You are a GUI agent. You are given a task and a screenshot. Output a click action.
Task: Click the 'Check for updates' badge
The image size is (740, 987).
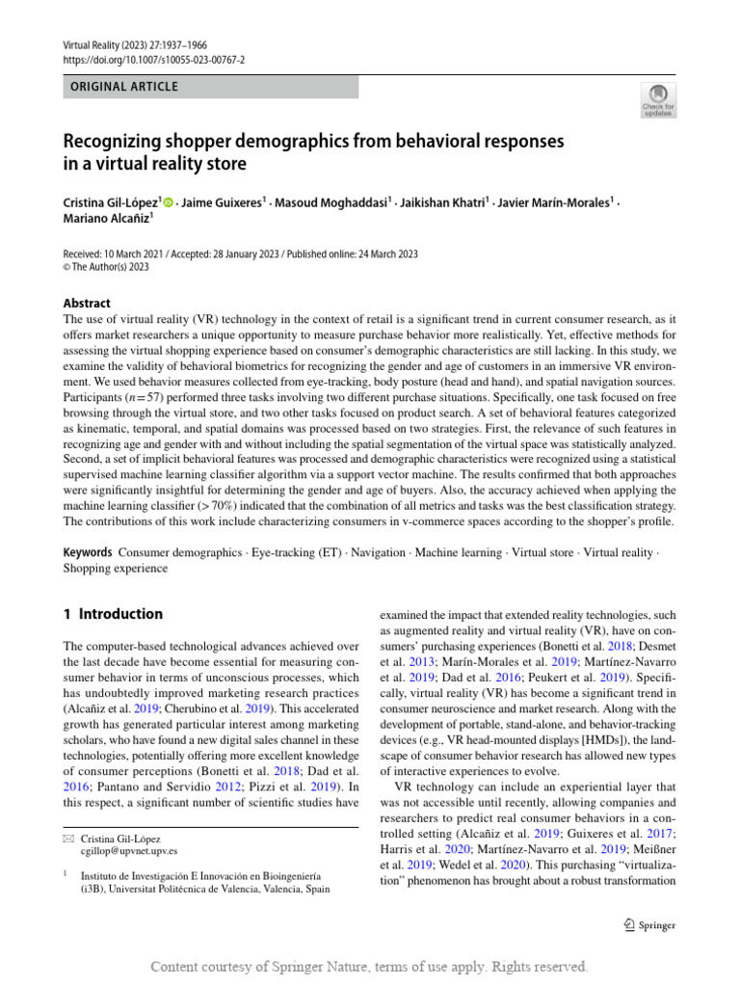click(x=659, y=99)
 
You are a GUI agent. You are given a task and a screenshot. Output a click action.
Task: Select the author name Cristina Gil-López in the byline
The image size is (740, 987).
click(x=111, y=203)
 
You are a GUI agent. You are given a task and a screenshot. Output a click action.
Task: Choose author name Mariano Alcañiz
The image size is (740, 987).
click(x=105, y=219)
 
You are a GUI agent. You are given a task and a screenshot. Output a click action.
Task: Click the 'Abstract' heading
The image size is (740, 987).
click(x=87, y=303)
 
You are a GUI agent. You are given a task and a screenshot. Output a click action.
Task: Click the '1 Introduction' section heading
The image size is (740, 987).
click(x=113, y=614)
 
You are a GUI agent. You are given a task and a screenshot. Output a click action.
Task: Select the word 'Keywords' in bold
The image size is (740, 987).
click(x=87, y=552)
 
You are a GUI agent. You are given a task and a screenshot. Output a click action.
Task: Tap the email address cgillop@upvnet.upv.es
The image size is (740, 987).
click(x=129, y=851)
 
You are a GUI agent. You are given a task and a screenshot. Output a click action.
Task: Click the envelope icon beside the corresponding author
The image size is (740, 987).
click(x=67, y=838)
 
